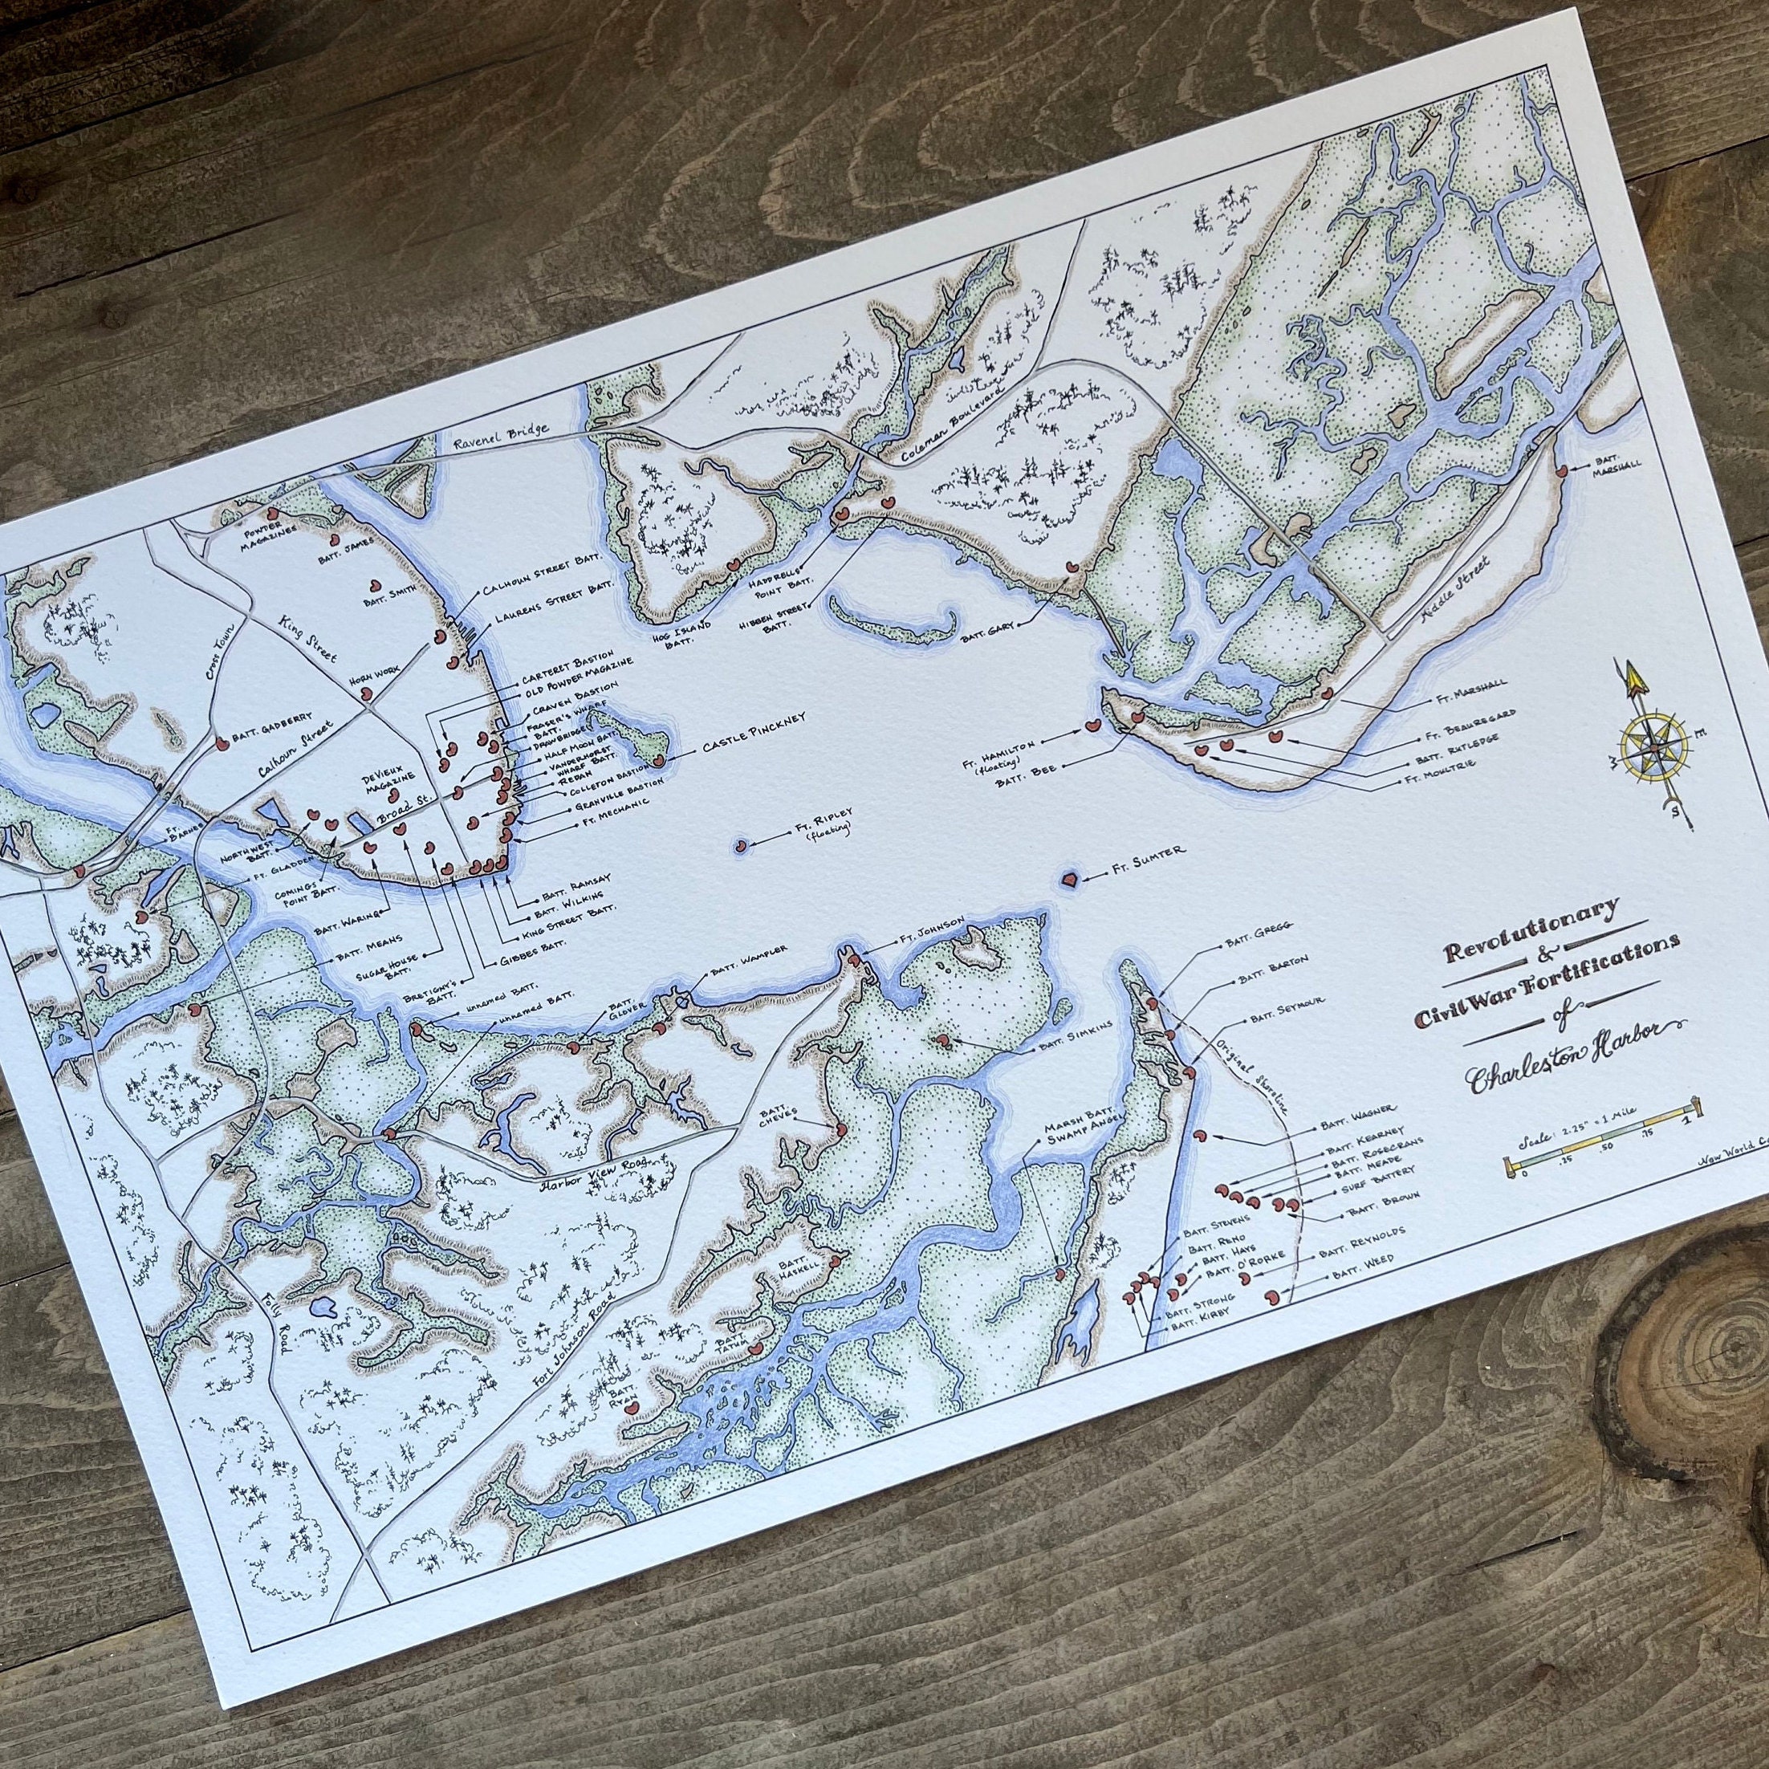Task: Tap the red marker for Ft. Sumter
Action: point(1067,880)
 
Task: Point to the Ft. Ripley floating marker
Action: point(741,844)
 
